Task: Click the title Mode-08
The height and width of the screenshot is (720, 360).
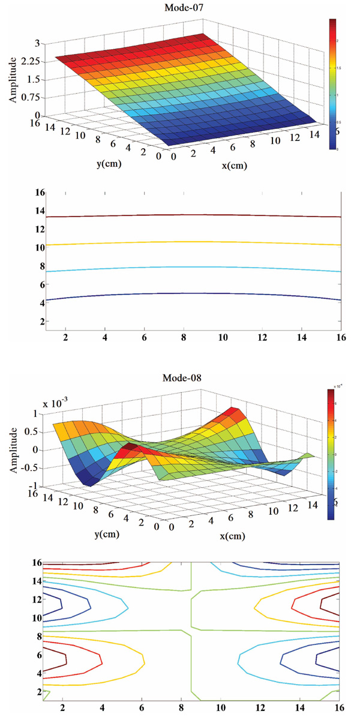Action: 182,378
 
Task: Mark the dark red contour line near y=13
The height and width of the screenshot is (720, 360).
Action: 180,215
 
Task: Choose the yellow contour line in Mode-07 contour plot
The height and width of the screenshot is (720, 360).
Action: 180,242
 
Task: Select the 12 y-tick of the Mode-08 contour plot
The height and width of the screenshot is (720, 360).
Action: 38,599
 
